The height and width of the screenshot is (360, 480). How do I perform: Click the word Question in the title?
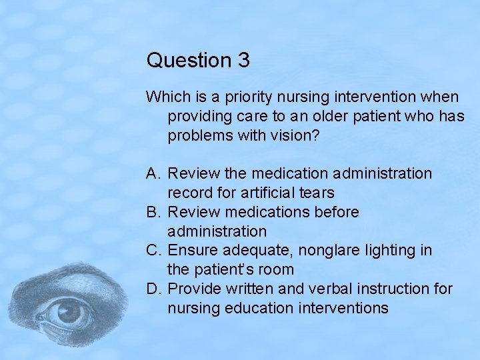(188, 61)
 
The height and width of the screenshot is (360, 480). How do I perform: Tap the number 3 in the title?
(243, 61)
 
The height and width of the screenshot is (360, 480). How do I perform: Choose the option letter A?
(153, 174)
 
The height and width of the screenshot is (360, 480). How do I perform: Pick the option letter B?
(153, 213)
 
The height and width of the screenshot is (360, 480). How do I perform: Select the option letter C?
(153, 251)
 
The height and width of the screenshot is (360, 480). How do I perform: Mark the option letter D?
(153, 289)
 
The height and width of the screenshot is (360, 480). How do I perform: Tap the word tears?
(316, 193)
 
